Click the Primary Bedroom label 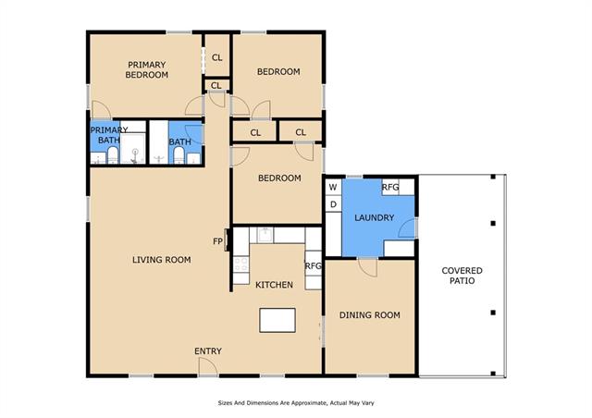point(146,70)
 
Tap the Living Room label point(162,260)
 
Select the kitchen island point(277,320)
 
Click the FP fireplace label point(217,241)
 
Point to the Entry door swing point(207,366)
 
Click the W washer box point(333,187)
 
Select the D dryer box point(333,203)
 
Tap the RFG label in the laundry point(390,187)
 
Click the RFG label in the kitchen point(313,265)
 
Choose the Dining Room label point(370,315)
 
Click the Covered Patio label point(462,276)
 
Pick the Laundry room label point(374,217)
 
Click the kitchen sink point(265,235)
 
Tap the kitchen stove point(240,264)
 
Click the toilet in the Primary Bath point(113,155)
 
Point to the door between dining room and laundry point(367,267)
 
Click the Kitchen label point(274,285)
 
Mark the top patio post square point(493,177)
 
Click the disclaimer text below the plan point(296,403)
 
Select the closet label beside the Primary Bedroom point(216,57)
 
